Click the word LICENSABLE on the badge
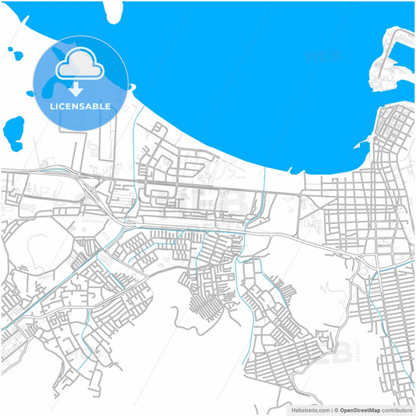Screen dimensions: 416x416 tap(81, 106)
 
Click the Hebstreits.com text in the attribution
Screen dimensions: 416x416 tap(310, 410)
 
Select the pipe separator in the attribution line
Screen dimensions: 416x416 tap(332, 410)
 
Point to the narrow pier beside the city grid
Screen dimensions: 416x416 tap(361, 144)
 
